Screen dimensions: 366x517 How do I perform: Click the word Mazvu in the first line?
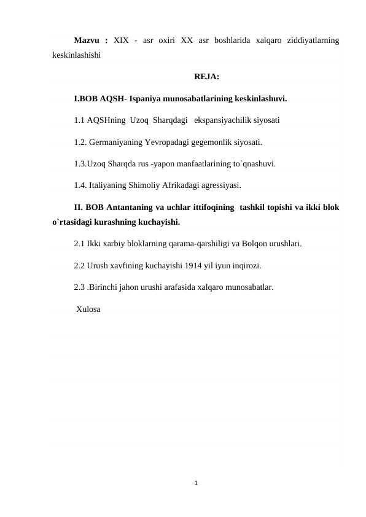point(87,41)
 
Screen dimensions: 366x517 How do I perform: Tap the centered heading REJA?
point(207,77)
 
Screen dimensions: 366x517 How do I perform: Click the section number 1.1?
point(79,120)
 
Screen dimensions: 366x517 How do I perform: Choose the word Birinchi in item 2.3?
point(104,286)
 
